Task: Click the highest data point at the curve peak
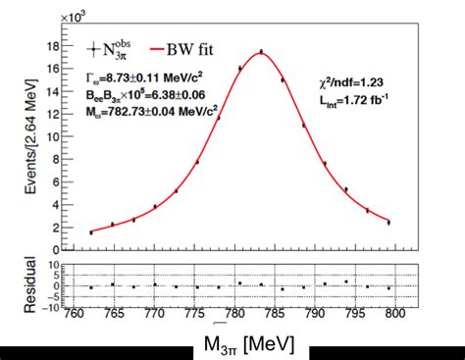tap(261, 52)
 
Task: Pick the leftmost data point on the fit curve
tap(90, 232)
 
